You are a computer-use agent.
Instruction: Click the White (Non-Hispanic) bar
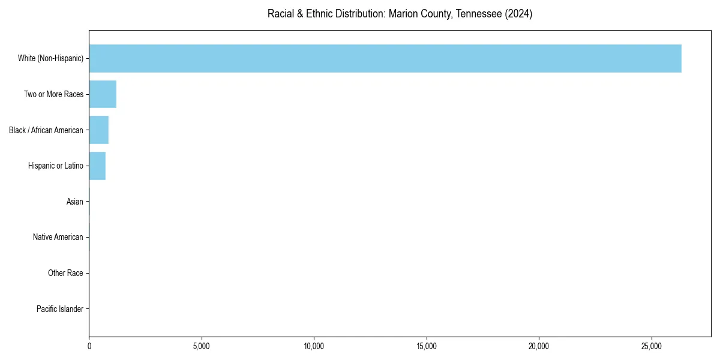coord(385,58)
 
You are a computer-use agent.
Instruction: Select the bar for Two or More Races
coord(103,94)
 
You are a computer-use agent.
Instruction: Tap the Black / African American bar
coord(98,130)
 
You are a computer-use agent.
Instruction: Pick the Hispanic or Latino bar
coord(97,166)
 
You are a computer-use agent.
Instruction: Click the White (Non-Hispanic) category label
coord(50,58)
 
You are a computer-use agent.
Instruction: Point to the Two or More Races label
coord(53,94)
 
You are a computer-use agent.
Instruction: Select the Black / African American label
coord(46,130)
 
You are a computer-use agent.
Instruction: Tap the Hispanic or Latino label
coord(55,166)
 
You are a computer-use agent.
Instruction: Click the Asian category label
coord(75,202)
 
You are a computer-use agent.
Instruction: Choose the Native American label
coord(58,238)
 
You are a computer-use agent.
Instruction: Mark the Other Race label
coord(65,274)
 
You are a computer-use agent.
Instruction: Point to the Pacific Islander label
coord(60,309)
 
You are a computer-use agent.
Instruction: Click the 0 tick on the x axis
coord(89,346)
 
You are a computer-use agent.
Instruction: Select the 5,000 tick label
coord(202,346)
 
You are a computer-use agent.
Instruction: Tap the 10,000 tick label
coord(314,346)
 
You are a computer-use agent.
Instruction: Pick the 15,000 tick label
coord(427,346)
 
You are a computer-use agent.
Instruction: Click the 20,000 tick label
coord(539,346)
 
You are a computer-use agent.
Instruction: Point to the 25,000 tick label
coord(652,346)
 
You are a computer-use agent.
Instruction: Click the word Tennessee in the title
coord(478,14)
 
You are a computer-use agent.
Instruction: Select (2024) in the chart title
coord(518,14)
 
